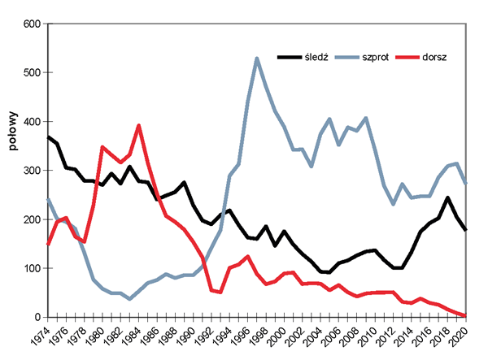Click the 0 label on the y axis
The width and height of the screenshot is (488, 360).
(37, 317)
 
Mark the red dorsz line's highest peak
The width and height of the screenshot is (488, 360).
(139, 126)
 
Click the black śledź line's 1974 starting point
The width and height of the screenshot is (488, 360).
(49, 137)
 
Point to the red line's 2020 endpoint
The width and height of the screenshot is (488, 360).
(465, 315)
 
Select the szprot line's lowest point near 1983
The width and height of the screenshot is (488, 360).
(130, 299)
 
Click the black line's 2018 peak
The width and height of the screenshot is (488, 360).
(447, 197)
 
